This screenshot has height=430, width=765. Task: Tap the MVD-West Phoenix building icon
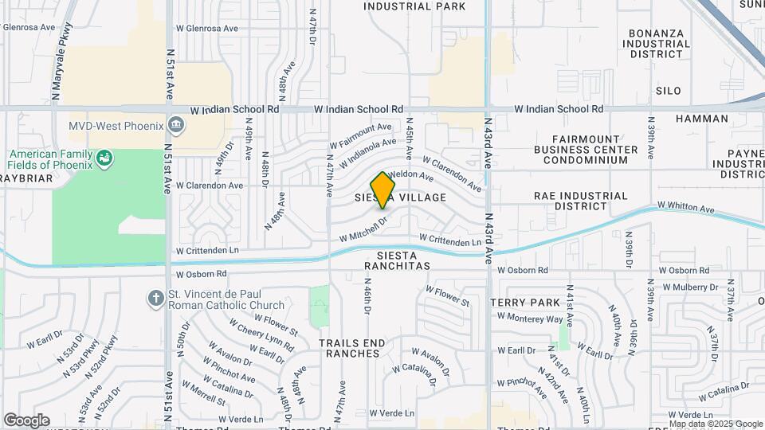pyautogui.click(x=176, y=125)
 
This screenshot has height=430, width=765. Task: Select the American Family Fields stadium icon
pyautogui.click(x=104, y=158)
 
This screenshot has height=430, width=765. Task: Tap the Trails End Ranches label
pyautogui.click(x=352, y=348)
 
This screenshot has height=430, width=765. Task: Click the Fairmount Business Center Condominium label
pyautogui.click(x=586, y=149)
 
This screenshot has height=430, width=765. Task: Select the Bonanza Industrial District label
pyautogui.click(x=658, y=44)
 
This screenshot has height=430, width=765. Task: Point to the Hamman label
pyautogui.click(x=701, y=119)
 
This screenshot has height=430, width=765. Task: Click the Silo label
pyautogui.click(x=669, y=91)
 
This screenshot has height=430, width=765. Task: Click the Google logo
pyautogui.click(x=26, y=420)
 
